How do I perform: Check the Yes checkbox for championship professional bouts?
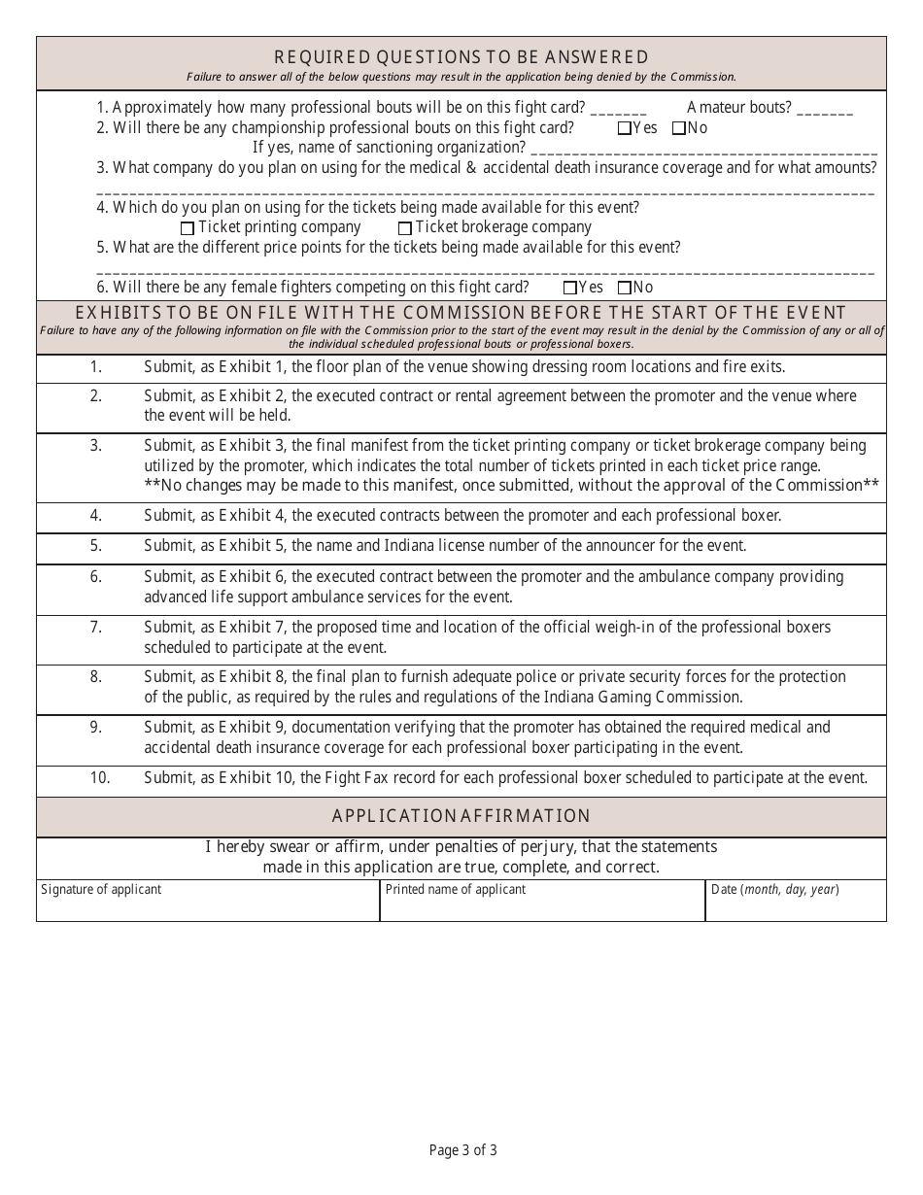click(x=624, y=128)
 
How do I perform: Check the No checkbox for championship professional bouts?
click(x=678, y=128)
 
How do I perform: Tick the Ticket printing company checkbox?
click(x=188, y=228)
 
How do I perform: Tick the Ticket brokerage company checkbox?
click(x=405, y=228)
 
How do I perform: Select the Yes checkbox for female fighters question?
click(x=569, y=288)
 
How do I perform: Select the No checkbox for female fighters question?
click(x=624, y=288)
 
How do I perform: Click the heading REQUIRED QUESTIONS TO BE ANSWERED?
click(x=461, y=57)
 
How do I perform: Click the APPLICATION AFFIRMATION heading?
click(x=461, y=816)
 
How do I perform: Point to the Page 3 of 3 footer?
click(x=463, y=1150)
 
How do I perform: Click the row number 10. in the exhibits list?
click(x=100, y=777)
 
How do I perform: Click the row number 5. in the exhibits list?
click(x=96, y=546)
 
